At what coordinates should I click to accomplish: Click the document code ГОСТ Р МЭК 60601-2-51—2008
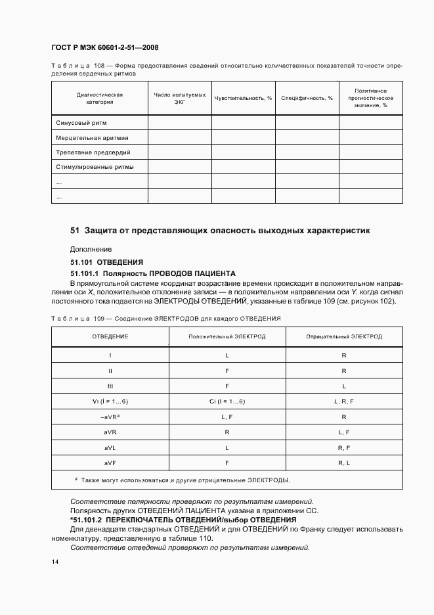click(104, 48)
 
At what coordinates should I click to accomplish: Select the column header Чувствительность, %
click(243, 98)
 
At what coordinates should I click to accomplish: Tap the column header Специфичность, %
click(307, 98)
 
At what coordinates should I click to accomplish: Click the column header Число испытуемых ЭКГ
click(179, 98)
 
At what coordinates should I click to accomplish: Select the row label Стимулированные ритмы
click(95, 167)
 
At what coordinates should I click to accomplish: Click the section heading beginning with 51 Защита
click(220, 231)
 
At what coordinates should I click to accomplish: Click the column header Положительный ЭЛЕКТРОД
click(227, 336)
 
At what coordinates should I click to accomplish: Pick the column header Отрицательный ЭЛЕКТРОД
click(343, 336)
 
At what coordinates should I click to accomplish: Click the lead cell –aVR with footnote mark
click(109, 417)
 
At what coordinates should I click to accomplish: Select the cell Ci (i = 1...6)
click(227, 401)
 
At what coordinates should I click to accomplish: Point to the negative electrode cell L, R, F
click(343, 401)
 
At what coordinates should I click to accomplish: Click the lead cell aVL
click(109, 447)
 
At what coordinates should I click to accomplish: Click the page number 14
click(54, 562)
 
